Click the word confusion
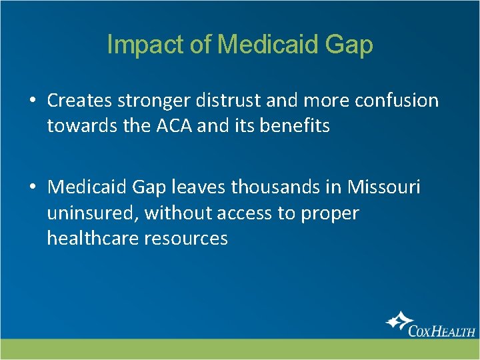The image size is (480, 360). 399,101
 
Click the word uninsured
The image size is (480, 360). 92,213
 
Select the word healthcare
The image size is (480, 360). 92,238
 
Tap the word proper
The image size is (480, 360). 329,213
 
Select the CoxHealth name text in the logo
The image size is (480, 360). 443,330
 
